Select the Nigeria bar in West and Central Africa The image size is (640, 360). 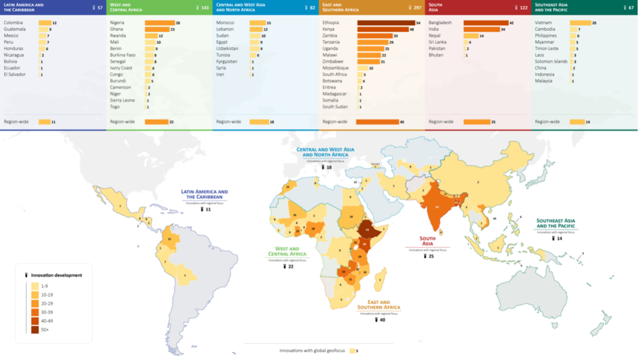[159, 23]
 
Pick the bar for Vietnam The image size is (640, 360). [580, 23]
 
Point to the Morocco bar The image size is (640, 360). [257, 23]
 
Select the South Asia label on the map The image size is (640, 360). [428, 241]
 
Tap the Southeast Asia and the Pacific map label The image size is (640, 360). [559, 223]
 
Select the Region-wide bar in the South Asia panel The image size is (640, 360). [477, 122]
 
